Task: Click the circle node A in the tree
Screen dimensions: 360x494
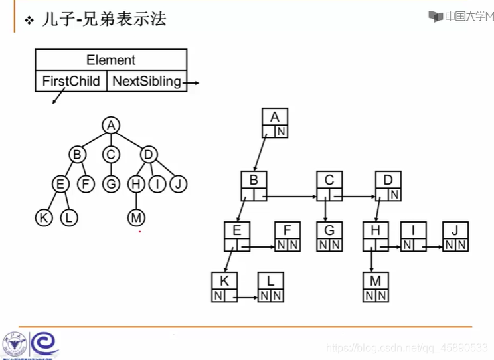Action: [x=111, y=125]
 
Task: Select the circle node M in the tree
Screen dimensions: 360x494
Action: [x=136, y=217]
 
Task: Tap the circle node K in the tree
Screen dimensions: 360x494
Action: [x=44, y=217]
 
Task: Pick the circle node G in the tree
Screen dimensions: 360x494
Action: [x=111, y=184]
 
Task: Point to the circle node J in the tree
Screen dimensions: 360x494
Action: [x=177, y=184]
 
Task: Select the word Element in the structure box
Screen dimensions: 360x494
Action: [x=111, y=60]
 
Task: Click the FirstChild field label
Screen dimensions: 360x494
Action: [x=71, y=81]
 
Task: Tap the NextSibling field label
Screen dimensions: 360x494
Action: [x=147, y=81]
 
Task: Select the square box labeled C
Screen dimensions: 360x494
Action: [x=329, y=186]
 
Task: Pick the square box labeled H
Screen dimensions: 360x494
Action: [x=375, y=236]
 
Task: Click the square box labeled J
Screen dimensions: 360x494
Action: [x=455, y=236]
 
